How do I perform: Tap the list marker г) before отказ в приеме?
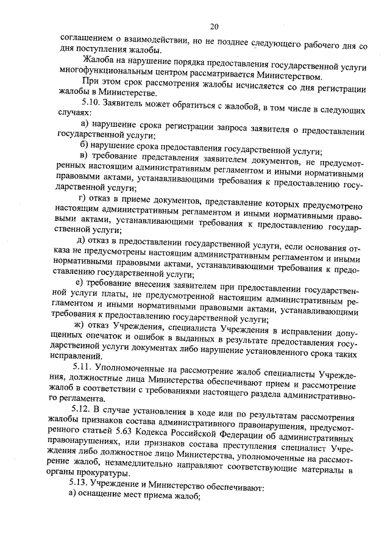(x=83, y=199)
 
